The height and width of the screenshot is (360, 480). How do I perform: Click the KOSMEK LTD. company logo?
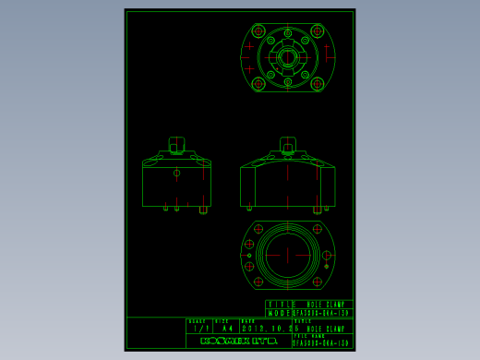click(238, 341)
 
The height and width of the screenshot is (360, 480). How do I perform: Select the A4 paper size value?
click(227, 328)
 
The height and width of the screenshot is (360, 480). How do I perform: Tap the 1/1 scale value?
click(198, 328)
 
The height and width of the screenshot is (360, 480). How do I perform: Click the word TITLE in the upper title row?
click(281, 304)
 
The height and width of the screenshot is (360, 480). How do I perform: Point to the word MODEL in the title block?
click(281, 312)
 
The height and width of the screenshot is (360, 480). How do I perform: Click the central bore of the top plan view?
click(287, 57)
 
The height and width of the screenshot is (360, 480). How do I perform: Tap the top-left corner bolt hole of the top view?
click(258, 31)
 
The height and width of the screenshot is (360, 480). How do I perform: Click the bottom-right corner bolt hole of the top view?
click(317, 84)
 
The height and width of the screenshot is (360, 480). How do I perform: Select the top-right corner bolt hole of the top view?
click(317, 31)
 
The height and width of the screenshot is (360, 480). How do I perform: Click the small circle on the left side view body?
click(176, 173)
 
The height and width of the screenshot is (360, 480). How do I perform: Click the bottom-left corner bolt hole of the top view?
click(258, 84)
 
